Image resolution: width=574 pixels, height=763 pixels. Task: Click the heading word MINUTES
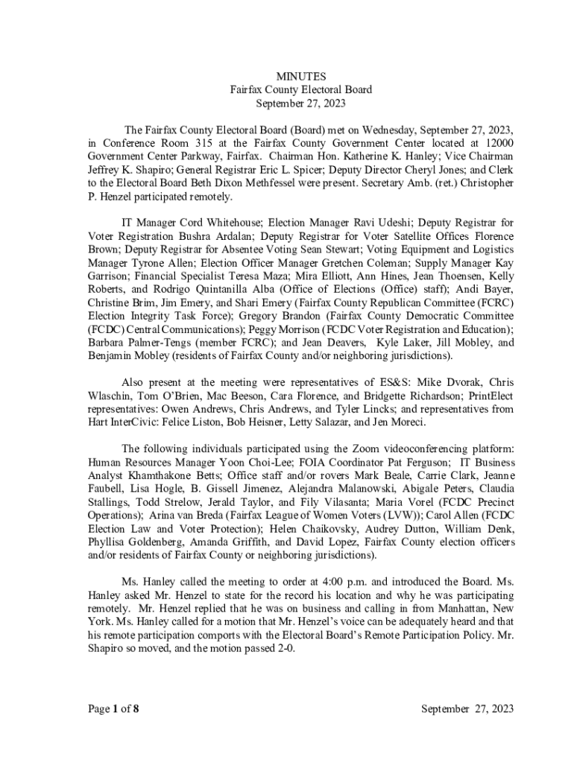tap(301, 76)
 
